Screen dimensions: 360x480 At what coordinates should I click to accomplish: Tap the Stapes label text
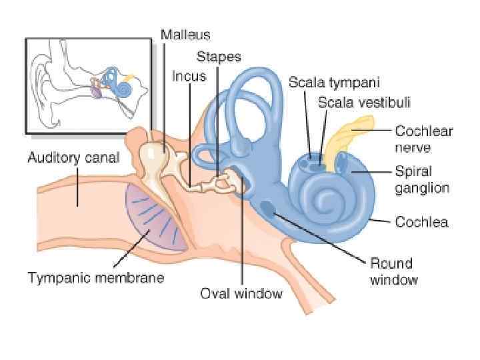click(218, 57)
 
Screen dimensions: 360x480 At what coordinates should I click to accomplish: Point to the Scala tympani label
click(334, 83)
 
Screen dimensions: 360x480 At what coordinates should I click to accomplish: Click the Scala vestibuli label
click(363, 102)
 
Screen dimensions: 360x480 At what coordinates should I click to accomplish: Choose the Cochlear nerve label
click(423, 139)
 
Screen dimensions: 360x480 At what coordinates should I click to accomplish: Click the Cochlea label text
click(421, 221)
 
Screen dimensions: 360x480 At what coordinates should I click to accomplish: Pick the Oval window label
click(241, 293)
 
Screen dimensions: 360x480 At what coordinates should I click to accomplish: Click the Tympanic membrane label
click(95, 277)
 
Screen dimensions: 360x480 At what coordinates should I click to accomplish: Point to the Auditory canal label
click(73, 158)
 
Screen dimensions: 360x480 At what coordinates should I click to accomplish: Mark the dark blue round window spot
click(271, 209)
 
